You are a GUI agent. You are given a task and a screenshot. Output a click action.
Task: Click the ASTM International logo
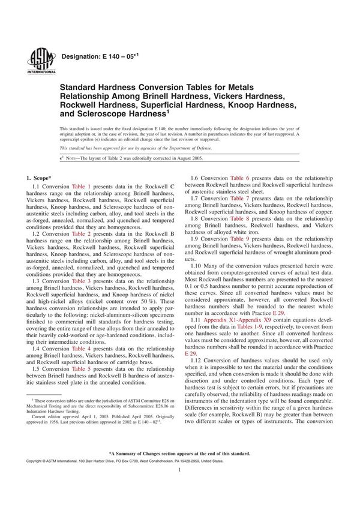tap(37, 60)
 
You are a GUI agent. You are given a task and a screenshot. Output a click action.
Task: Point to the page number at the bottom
tap(179, 487)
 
